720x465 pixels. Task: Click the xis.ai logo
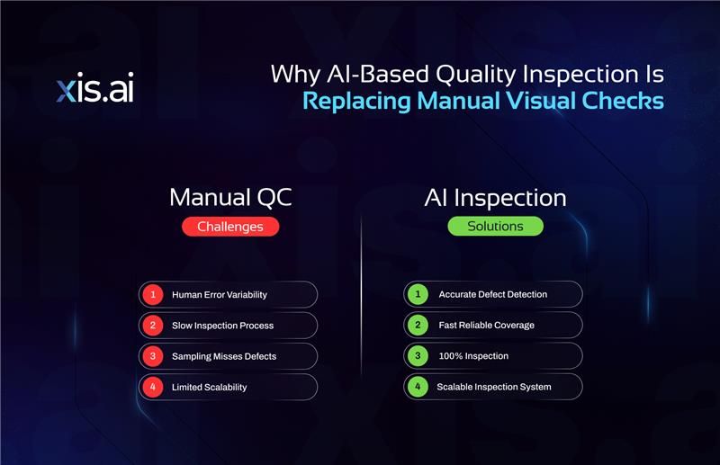coord(95,87)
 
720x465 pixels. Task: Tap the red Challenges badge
coord(230,227)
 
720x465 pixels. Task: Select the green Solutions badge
coord(496,226)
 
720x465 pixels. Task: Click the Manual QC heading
coord(230,198)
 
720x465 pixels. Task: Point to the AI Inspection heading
coord(496,198)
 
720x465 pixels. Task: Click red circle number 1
coord(153,295)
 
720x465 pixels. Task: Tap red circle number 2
coord(153,326)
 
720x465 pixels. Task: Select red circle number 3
coord(153,356)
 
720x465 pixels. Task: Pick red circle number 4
coord(153,387)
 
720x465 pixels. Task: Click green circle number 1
coord(418,294)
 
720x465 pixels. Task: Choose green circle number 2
coord(418,325)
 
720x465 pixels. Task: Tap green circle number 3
coord(418,356)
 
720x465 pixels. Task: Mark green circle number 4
coord(418,387)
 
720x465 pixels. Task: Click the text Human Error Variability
coord(220,295)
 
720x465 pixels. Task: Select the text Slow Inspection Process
coord(222,326)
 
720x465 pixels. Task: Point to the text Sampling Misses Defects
coord(224,356)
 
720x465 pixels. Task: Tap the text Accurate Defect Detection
coord(492,294)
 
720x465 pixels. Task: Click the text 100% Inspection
coord(473,356)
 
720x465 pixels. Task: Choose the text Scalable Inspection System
coord(493,387)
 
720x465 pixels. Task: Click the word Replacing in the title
coord(356,102)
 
